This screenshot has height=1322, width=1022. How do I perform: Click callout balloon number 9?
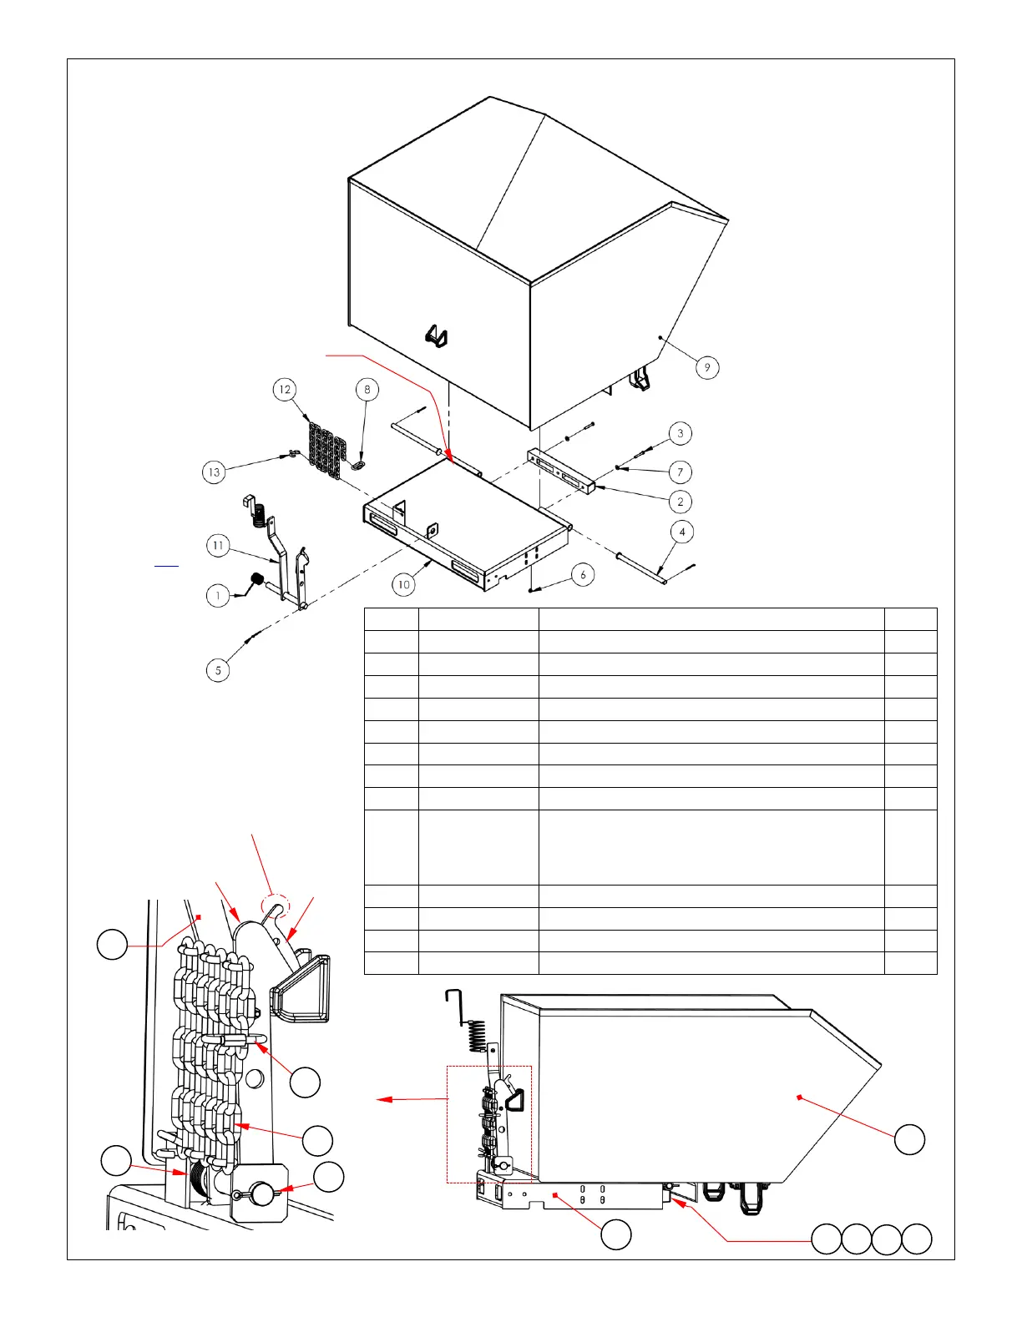707,367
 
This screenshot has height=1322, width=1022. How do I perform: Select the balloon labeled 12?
286,390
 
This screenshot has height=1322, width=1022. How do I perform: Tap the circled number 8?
367,390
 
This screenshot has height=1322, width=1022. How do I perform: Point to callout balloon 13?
215,472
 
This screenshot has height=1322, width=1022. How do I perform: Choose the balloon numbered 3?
680,433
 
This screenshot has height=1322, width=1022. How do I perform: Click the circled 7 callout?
680,472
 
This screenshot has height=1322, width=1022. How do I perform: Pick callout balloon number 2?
680,502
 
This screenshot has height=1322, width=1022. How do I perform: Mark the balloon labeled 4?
682,532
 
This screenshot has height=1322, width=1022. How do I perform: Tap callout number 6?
583,574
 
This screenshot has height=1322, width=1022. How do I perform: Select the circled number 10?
404,584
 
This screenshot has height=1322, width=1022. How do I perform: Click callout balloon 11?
218,546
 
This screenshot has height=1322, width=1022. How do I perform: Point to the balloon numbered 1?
218,596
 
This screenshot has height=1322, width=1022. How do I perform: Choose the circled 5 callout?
218,670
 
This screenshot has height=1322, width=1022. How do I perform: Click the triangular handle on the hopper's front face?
437,336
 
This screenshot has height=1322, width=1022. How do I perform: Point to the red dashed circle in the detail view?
276,906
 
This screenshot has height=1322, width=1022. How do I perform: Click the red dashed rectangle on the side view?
489,1124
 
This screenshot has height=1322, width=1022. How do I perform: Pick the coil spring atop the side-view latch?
477,1036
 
